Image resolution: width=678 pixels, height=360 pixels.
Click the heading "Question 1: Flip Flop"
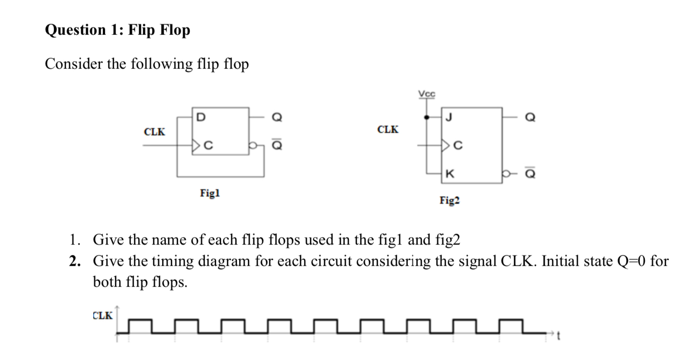tap(117, 30)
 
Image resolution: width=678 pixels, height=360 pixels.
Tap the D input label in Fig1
tap(200, 117)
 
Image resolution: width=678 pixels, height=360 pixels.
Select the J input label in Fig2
tap(449, 117)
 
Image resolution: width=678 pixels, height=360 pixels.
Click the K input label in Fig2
tap(449, 173)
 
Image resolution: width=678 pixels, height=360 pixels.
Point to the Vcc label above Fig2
tap(426, 94)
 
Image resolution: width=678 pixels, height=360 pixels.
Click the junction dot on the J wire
tap(426, 117)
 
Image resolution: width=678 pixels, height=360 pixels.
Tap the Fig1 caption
tap(209, 193)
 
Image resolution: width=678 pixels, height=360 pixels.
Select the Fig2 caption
tap(449, 200)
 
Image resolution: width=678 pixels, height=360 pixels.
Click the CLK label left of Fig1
tap(155, 132)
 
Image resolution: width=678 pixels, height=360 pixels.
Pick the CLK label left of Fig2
tap(388, 130)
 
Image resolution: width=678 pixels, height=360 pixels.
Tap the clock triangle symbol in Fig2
tap(445, 146)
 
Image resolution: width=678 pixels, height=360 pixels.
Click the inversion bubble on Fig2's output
tap(505, 173)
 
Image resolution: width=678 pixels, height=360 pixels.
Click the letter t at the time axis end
tap(559, 336)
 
